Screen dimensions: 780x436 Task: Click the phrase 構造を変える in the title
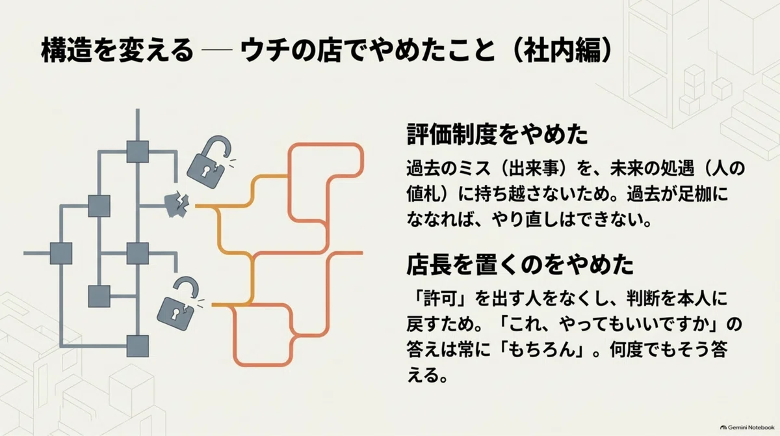click(x=118, y=51)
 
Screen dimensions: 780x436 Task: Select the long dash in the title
click(x=217, y=50)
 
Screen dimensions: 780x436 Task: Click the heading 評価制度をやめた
click(x=498, y=134)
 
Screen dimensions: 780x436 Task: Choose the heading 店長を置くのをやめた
click(x=520, y=264)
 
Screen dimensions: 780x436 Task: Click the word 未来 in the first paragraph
click(x=626, y=168)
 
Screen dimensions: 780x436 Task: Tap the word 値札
click(x=422, y=194)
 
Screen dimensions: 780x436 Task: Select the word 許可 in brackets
click(x=440, y=299)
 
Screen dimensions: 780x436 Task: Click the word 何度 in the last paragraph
click(x=626, y=349)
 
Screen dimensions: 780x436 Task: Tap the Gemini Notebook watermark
click(x=747, y=428)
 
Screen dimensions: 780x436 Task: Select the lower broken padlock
click(x=178, y=304)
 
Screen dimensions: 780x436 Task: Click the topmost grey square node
click(x=138, y=152)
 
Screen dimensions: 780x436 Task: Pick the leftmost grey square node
click(x=61, y=253)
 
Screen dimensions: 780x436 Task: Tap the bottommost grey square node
click(x=138, y=346)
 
